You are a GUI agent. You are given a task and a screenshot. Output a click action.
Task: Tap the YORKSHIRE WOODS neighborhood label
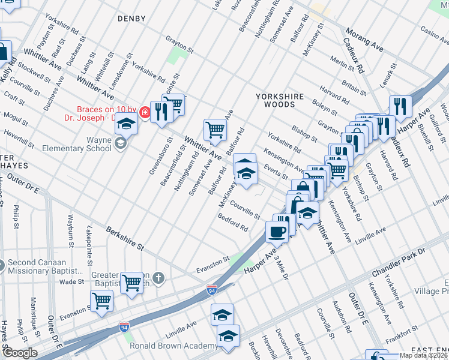click(275, 100)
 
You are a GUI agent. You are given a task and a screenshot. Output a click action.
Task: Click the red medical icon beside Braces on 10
click(145, 112)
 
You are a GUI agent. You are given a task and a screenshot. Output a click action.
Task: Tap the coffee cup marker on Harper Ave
click(277, 231)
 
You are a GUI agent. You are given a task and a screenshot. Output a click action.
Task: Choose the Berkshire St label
click(125, 238)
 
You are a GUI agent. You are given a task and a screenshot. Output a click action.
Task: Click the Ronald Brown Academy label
click(174, 346)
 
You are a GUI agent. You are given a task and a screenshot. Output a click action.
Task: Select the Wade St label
click(71, 281)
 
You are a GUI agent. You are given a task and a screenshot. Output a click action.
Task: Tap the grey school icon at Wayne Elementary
click(121, 143)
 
